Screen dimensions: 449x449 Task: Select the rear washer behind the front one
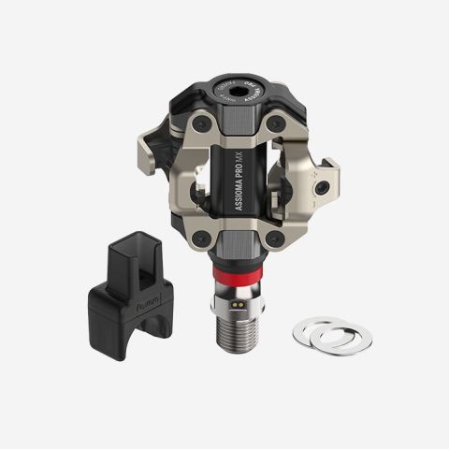pyautogui.click(x=347, y=337)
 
